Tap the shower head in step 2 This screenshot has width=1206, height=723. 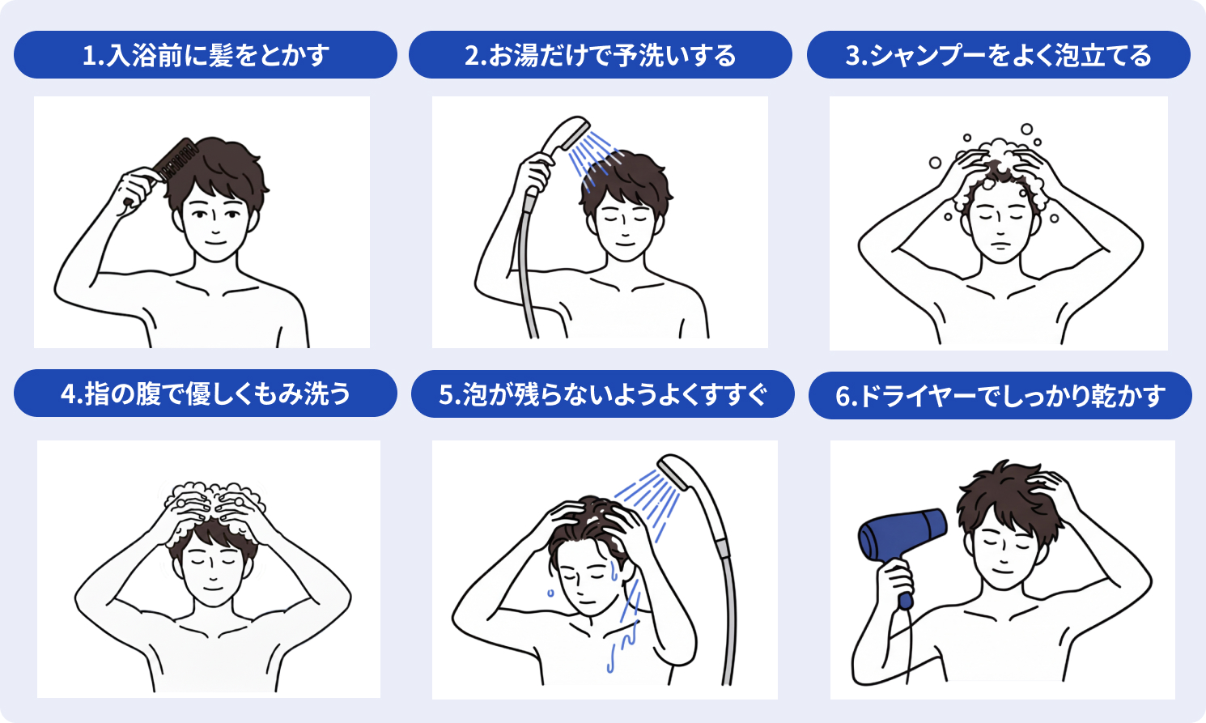(x=565, y=134)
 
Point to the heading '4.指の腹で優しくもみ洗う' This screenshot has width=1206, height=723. (x=206, y=393)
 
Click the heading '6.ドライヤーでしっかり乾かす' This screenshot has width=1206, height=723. (x=1000, y=396)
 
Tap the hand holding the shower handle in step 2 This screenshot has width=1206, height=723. (x=534, y=172)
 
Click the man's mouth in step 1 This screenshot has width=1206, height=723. (x=215, y=242)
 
